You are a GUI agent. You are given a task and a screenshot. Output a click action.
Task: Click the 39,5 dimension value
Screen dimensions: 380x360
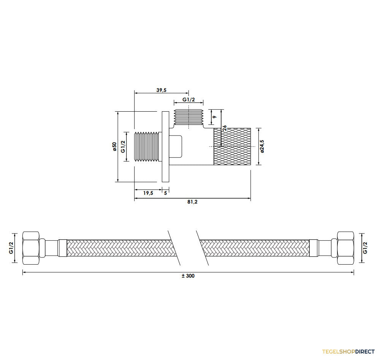point(161,90)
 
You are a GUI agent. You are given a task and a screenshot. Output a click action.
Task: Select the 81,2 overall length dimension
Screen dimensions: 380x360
point(192,202)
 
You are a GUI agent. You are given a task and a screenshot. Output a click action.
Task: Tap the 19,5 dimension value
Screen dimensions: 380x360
point(148,193)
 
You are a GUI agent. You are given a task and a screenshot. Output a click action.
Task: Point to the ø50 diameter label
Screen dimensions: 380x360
point(114,147)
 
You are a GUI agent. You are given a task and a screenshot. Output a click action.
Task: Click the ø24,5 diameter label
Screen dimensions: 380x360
point(262,146)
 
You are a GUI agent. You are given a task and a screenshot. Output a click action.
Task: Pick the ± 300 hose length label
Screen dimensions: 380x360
point(188,276)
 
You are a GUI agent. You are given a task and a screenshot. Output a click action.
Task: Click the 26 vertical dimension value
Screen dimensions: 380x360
point(225,128)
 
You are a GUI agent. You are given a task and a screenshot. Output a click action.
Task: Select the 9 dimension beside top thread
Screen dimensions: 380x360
point(214,117)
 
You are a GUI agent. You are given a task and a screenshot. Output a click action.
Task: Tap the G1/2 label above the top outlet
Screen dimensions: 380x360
point(188,99)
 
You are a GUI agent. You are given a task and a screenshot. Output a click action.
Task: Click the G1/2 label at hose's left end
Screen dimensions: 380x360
point(11,248)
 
